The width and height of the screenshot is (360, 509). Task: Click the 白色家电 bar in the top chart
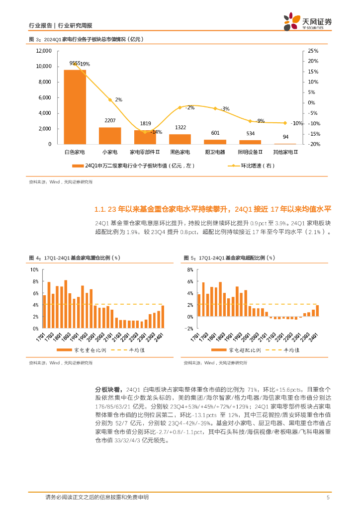click(75, 107)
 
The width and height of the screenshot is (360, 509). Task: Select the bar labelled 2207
click(110, 136)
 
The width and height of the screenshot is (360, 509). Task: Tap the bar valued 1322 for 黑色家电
click(180, 139)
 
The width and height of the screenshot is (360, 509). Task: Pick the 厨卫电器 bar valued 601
click(215, 142)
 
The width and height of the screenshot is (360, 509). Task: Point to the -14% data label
click(157, 132)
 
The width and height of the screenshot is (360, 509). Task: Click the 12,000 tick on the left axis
click(44, 51)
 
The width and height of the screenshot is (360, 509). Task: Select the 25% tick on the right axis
click(313, 51)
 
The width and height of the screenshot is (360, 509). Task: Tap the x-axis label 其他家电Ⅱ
click(285, 152)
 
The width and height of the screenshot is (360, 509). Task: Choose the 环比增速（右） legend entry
click(247, 166)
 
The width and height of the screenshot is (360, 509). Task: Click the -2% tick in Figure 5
click(189, 329)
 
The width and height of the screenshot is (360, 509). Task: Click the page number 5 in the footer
click(328, 498)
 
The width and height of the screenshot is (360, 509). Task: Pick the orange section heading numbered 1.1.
click(212, 209)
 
